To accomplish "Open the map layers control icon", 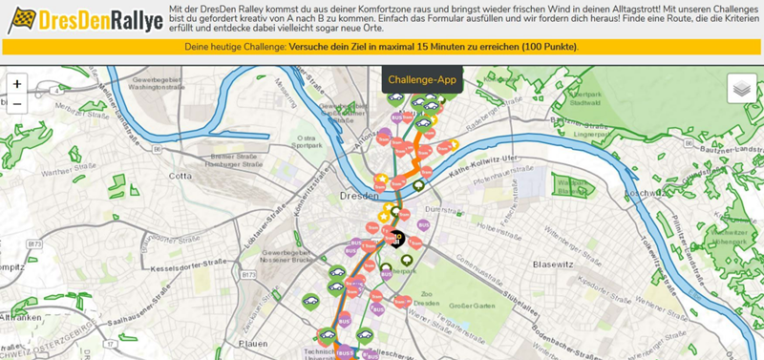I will click(x=741, y=88).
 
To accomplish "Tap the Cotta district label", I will click(x=180, y=176).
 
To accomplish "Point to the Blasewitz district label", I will click(x=553, y=263).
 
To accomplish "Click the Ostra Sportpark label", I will click(x=308, y=142).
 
